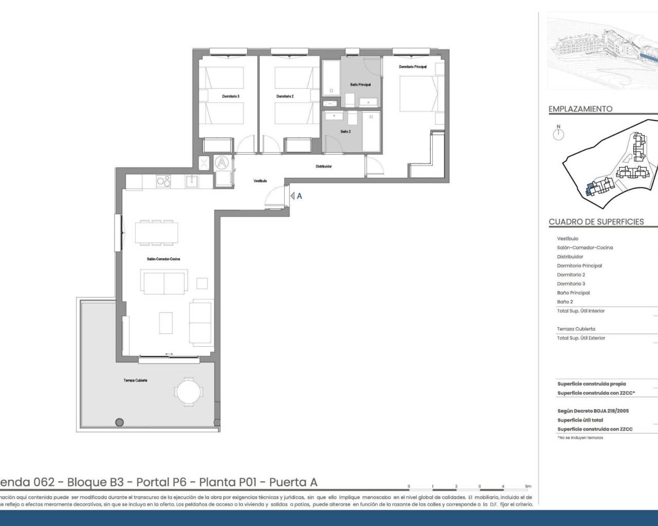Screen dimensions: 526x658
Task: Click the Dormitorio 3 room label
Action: pyautogui.click(x=230, y=97)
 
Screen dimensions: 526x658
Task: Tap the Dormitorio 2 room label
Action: pyautogui.click(x=285, y=97)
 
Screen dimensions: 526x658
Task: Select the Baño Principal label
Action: pyautogui.click(x=360, y=85)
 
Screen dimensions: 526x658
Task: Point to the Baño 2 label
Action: pyautogui.click(x=345, y=131)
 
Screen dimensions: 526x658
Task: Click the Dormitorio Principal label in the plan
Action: pyautogui.click(x=413, y=67)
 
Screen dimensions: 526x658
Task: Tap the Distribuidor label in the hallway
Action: pyautogui.click(x=323, y=166)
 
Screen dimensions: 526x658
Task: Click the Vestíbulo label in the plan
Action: pyautogui.click(x=260, y=181)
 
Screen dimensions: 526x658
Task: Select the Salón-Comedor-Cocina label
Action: pyautogui.click(x=163, y=259)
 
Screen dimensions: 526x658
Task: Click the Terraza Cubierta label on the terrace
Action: pyautogui.click(x=135, y=380)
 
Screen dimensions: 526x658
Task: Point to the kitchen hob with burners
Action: pyautogui.click(x=163, y=181)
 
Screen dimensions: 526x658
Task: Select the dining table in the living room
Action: pyautogui.click(x=157, y=232)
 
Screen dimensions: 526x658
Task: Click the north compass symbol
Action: pyautogui.click(x=558, y=134)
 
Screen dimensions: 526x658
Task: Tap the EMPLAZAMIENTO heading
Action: pyautogui.click(x=580, y=109)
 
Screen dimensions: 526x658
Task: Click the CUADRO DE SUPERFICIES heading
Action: pyautogui.click(x=596, y=222)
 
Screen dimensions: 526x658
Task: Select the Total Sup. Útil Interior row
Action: pyautogui.click(x=581, y=311)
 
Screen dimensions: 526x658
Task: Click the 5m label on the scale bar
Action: pyautogui.click(x=528, y=486)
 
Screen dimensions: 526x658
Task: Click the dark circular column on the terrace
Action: pyautogui.click(x=119, y=422)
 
